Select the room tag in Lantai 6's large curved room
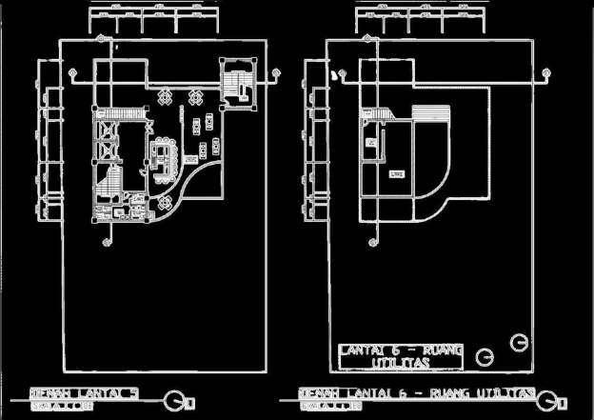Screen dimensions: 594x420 point(397,172)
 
